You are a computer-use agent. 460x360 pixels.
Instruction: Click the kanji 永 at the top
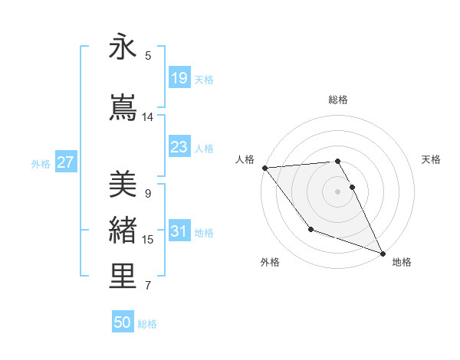point(123,47)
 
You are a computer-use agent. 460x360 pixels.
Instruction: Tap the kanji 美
point(123,184)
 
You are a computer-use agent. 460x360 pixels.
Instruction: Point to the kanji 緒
point(123,230)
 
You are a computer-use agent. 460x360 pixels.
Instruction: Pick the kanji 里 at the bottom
point(123,276)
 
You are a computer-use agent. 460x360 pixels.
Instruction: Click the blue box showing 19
point(179,78)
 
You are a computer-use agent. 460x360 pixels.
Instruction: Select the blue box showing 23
point(179,147)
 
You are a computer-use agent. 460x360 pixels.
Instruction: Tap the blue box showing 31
point(179,231)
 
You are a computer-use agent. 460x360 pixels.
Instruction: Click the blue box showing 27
point(66,162)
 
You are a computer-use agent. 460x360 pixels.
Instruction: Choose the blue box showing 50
point(123,322)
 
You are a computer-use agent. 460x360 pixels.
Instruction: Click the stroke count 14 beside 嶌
point(148,117)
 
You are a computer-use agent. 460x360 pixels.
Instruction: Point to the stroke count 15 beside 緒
point(148,240)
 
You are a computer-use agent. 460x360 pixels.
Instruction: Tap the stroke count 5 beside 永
point(148,56)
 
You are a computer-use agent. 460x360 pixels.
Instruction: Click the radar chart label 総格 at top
point(338,100)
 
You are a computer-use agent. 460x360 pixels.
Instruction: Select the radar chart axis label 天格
point(432,159)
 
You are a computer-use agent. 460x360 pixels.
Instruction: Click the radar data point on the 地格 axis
point(383,253)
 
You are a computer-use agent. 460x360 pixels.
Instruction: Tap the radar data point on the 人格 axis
point(264,168)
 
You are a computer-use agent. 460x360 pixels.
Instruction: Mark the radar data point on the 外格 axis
point(310,229)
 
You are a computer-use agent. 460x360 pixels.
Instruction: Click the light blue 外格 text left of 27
point(41,163)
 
